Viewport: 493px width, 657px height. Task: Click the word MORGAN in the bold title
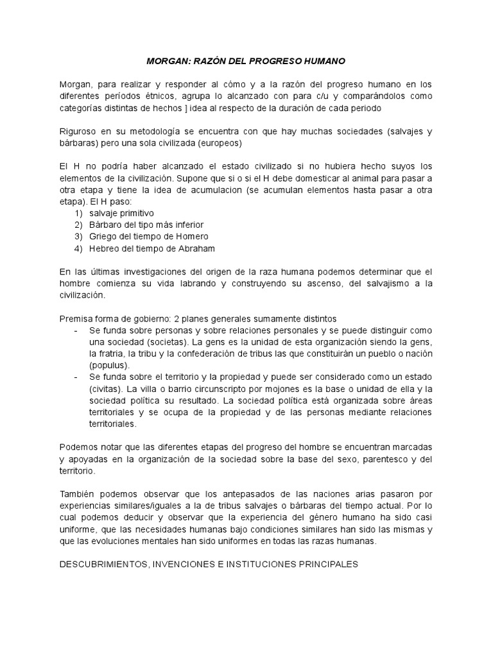pos(165,61)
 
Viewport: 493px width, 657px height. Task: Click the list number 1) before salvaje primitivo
pos(78,212)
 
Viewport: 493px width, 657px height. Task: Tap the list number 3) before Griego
pos(78,237)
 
